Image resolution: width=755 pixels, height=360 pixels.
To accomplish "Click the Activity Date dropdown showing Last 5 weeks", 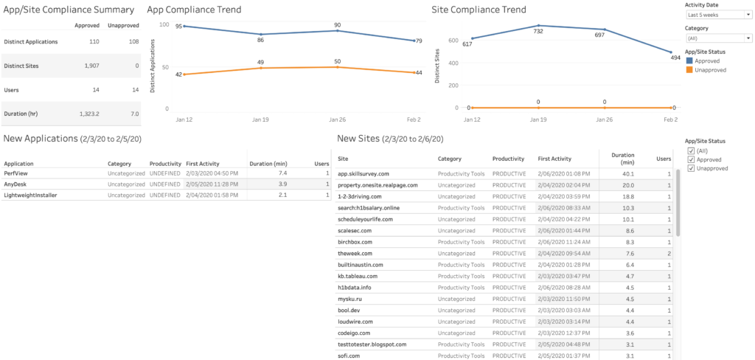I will [717, 15].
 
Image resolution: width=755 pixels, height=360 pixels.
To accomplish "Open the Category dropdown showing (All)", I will [717, 38].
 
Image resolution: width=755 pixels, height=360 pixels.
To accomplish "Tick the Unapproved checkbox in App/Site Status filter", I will [691, 168].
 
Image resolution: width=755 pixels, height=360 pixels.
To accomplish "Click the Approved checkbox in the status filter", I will [691, 159].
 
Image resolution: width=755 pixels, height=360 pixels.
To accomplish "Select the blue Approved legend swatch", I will [690, 61].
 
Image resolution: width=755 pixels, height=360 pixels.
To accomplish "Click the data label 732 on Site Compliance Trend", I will [538, 32].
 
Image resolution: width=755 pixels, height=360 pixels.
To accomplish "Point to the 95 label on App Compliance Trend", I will [178, 26].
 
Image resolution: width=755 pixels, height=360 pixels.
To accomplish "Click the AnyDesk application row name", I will [15, 184].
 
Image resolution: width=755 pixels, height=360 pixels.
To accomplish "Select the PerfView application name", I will [15, 173].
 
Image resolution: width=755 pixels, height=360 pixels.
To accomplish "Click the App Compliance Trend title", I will [194, 10].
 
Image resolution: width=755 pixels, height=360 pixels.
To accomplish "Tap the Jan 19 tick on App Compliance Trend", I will [260, 118].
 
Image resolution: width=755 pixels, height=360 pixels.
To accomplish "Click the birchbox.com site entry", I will [355, 242].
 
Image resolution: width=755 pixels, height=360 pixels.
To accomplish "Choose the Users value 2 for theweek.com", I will [669, 253].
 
